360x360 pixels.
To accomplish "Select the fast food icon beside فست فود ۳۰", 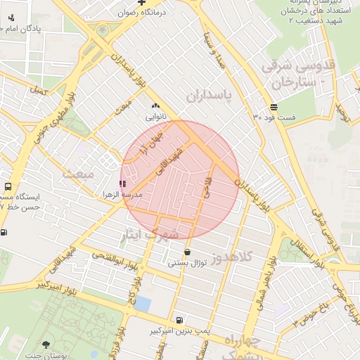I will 273,106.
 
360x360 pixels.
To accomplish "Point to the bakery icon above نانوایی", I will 155,105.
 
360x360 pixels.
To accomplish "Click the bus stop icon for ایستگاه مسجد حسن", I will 8,188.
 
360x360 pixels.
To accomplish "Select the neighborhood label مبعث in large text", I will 77,173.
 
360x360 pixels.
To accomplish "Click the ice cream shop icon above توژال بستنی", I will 187,252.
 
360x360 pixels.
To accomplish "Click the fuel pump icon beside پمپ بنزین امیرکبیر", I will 180,319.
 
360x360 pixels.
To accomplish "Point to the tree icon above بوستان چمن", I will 46,345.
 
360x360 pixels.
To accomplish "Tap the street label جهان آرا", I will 151,143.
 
